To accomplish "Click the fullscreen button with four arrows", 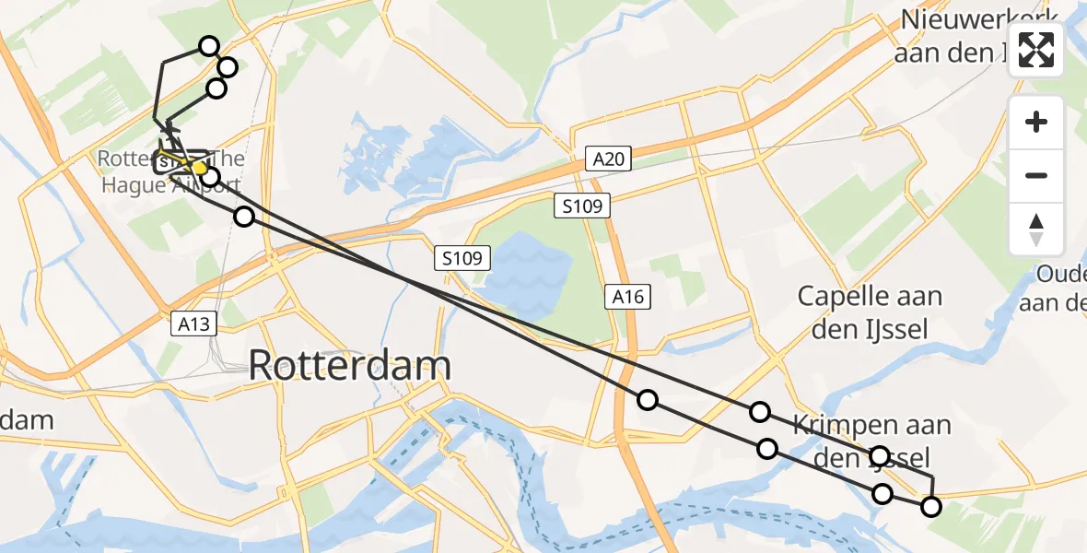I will click(x=1036, y=50).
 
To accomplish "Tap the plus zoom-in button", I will click(x=1036, y=123).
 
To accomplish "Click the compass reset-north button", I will click(x=1036, y=229).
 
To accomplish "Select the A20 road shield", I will click(x=608, y=160).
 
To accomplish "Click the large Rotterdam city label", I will click(x=350, y=367).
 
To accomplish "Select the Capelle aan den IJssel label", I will click(x=870, y=312).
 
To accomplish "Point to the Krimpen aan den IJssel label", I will click(x=871, y=441).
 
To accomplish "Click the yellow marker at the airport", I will click(x=199, y=167).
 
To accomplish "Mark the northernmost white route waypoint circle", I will click(x=209, y=46).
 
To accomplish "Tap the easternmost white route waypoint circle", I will click(x=931, y=506).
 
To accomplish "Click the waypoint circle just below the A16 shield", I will click(x=648, y=399).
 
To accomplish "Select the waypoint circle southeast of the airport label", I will click(x=244, y=217).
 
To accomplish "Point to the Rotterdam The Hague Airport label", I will click(x=171, y=171).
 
